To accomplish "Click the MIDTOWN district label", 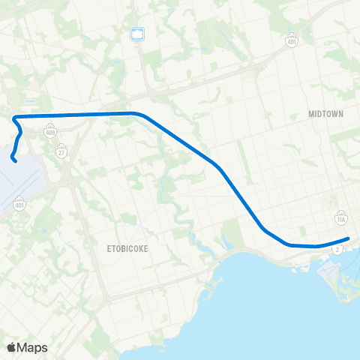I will [325, 114].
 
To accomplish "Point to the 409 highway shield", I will [51, 132].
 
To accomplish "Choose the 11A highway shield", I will [340, 218].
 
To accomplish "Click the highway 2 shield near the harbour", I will [340, 248].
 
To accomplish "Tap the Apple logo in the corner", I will [11, 347].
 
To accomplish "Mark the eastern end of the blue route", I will [349, 239].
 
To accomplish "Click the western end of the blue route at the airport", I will [15, 160].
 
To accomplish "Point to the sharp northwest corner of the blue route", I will [14, 117].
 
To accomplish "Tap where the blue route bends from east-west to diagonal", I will [136, 114].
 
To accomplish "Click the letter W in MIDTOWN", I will [336, 114].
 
